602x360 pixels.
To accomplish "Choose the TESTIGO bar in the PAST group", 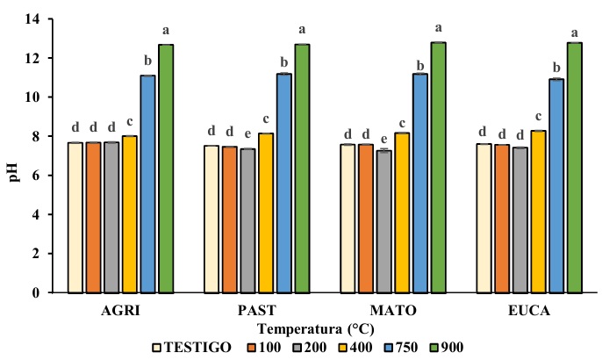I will [211, 219].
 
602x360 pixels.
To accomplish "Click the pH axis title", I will [12, 156].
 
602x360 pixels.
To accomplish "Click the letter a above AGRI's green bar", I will [166, 31].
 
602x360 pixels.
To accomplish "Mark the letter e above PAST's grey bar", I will [248, 134].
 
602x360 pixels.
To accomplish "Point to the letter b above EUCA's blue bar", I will [556, 66].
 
